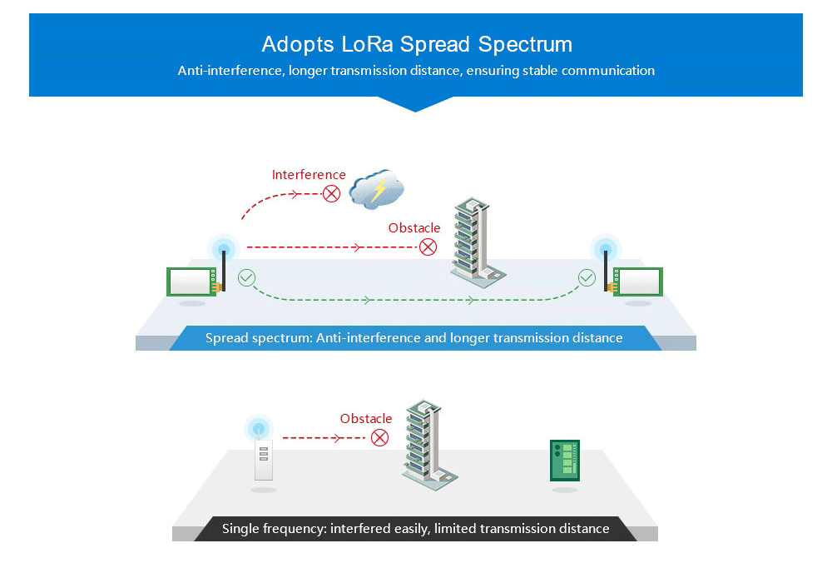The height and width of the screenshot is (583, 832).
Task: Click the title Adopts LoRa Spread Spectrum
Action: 416,44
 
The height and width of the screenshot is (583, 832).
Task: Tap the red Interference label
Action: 309,175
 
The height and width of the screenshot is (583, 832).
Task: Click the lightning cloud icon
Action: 377,190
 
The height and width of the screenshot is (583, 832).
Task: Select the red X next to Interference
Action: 332,194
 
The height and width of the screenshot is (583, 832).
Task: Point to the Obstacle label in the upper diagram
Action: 414,228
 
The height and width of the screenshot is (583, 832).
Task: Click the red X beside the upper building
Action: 428,247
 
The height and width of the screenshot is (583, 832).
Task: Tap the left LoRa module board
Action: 191,281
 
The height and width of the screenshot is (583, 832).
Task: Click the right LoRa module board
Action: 637,281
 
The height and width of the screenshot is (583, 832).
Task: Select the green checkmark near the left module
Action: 246,277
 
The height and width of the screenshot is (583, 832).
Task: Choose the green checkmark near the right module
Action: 587,277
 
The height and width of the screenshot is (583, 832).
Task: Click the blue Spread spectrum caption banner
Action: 414,338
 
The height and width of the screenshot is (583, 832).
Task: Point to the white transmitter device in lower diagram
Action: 264,458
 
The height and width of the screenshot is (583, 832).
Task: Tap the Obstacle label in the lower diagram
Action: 366,419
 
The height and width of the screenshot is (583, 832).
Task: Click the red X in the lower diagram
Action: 379,437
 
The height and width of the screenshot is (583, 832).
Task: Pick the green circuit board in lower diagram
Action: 564,460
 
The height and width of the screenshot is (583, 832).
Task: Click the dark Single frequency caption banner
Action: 415,529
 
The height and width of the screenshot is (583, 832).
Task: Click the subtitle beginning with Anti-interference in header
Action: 416,71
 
